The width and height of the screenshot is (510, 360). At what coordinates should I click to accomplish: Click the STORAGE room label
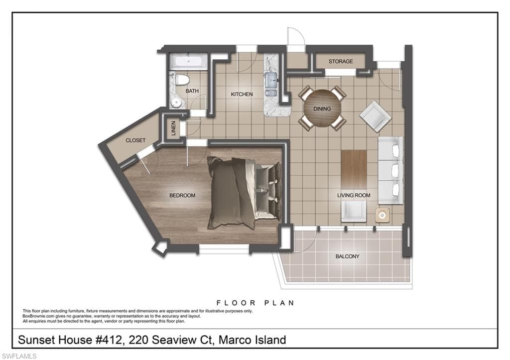click(340, 61)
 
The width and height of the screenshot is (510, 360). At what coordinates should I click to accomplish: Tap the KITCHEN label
click(242, 94)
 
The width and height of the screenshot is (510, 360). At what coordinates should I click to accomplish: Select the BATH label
click(192, 91)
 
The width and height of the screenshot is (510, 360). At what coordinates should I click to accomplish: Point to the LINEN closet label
click(173, 128)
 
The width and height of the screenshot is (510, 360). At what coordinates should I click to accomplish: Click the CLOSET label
click(135, 140)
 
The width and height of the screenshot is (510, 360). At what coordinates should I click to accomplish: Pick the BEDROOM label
click(182, 196)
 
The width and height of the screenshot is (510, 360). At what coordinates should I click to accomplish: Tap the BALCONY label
click(347, 256)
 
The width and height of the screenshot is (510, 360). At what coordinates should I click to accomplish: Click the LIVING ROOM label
click(354, 196)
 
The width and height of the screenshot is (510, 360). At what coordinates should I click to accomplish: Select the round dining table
click(322, 109)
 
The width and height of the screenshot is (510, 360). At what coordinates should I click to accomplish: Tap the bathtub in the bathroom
click(188, 61)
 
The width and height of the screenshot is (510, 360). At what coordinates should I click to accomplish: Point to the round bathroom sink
click(176, 103)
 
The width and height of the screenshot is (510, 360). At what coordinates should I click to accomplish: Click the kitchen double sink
click(271, 85)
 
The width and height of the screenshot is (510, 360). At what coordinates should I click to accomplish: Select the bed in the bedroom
click(244, 193)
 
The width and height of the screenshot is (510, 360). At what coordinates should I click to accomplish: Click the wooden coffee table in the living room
click(354, 169)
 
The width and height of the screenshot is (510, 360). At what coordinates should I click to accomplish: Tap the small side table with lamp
click(382, 215)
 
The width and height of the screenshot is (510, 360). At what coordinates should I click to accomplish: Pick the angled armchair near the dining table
click(376, 117)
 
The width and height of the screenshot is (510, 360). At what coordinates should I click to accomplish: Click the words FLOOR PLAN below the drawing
click(255, 303)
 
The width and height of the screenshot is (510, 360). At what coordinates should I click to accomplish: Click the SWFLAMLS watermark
click(19, 356)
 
